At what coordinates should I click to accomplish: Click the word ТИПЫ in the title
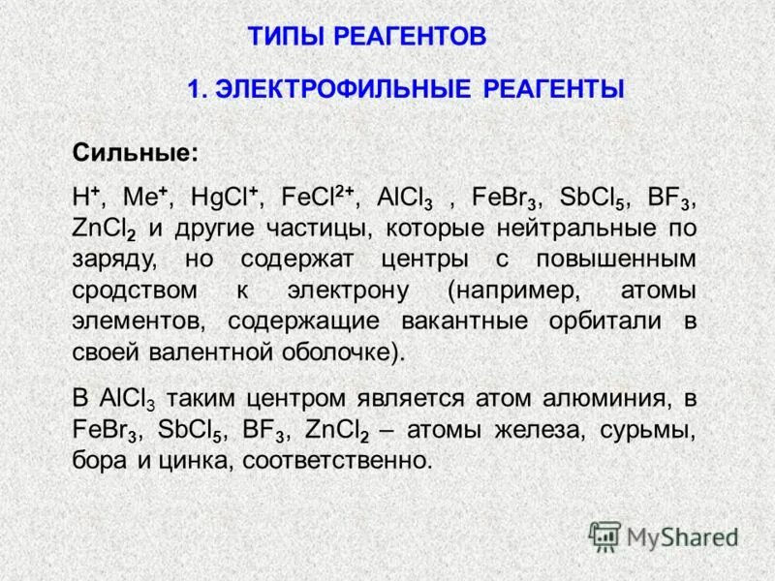pyautogui.click(x=287, y=38)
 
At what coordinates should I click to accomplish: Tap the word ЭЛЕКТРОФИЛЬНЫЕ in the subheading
pyautogui.click(x=341, y=89)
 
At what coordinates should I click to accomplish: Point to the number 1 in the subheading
pyautogui.click(x=194, y=89)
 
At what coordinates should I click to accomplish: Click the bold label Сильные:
pyautogui.click(x=136, y=154)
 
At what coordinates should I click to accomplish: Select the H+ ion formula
pyautogui.click(x=87, y=196)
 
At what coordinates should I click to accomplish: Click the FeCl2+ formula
pyautogui.click(x=318, y=196)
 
